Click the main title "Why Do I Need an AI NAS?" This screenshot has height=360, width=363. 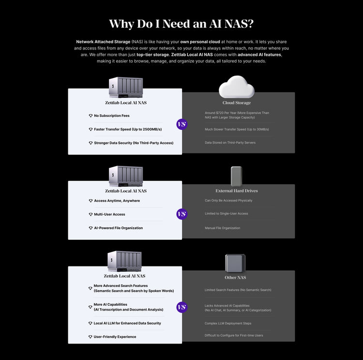click(x=181, y=24)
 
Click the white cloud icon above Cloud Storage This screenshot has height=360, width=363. click(x=236, y=87)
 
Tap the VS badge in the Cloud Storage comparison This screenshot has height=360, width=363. click(x=181, y=125)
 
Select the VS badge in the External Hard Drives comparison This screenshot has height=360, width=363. click(x=181, y=214)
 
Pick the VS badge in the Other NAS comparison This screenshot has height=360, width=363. click(x=181, y=307)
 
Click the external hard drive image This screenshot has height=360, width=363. click(x=236, y=176)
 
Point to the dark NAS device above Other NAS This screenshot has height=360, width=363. click(x=235, y=263)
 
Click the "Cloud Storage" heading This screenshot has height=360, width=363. click(x=236, y=103)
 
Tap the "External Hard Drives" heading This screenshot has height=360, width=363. click(x=236, y=191)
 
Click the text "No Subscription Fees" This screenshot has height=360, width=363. click(x=112, y=116)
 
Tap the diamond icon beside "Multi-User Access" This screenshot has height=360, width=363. click(x=90, y=214)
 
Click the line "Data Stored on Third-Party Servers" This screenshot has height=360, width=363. click(x=230, y=142)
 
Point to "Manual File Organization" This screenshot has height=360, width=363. click(x=222, y=228)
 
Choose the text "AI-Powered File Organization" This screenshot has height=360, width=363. click(x=118, y=228)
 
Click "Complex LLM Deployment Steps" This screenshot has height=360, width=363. click(x=227, y=323)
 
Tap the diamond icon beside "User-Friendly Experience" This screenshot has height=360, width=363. click(x=90, y=337)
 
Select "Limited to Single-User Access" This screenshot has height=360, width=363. click(x=226, y=214)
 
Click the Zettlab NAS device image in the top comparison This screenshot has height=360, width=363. click(x=126, y=87)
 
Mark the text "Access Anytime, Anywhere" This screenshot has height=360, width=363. click(x=117, y=201)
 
